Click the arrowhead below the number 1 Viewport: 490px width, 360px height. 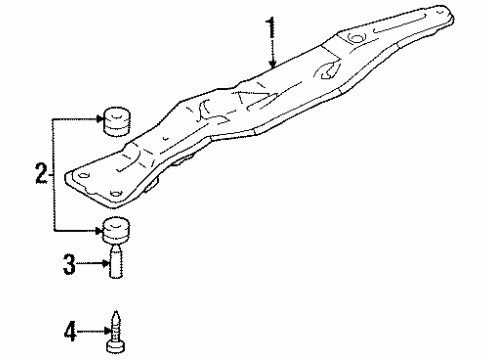coord(270,67)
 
